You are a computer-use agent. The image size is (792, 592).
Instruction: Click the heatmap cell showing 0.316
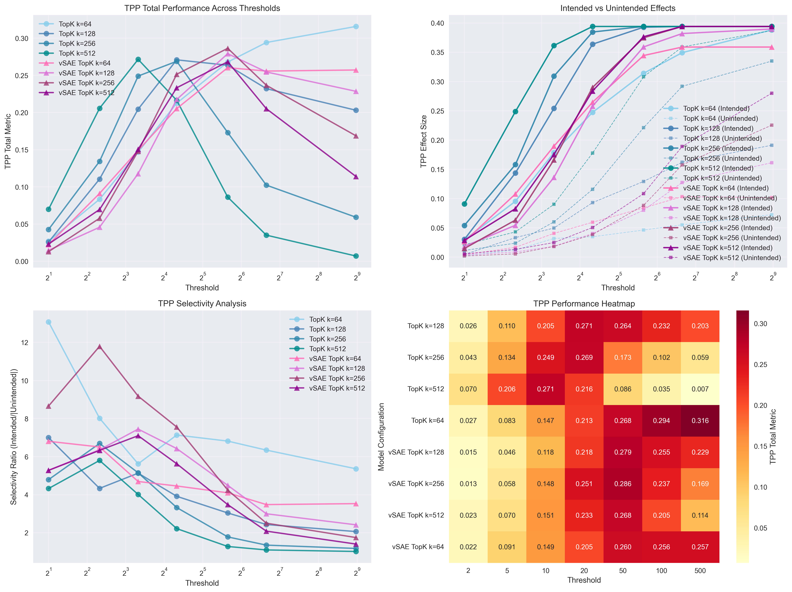pos(700,421)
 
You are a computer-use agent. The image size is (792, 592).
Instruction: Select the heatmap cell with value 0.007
pos(700,389)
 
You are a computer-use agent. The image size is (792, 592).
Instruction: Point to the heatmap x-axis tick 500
pos(700,571)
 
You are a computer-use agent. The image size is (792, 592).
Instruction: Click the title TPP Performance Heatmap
pos(584,304)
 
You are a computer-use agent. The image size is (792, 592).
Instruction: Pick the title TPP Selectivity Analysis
pos(202,304)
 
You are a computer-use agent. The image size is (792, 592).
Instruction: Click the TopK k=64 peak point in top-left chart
pos(356,27)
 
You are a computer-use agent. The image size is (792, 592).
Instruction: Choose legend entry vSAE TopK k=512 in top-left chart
pos(86,93)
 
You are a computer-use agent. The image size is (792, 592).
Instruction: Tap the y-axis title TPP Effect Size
pos(424,141)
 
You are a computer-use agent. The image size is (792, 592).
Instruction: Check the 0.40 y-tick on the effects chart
pos(437,23)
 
